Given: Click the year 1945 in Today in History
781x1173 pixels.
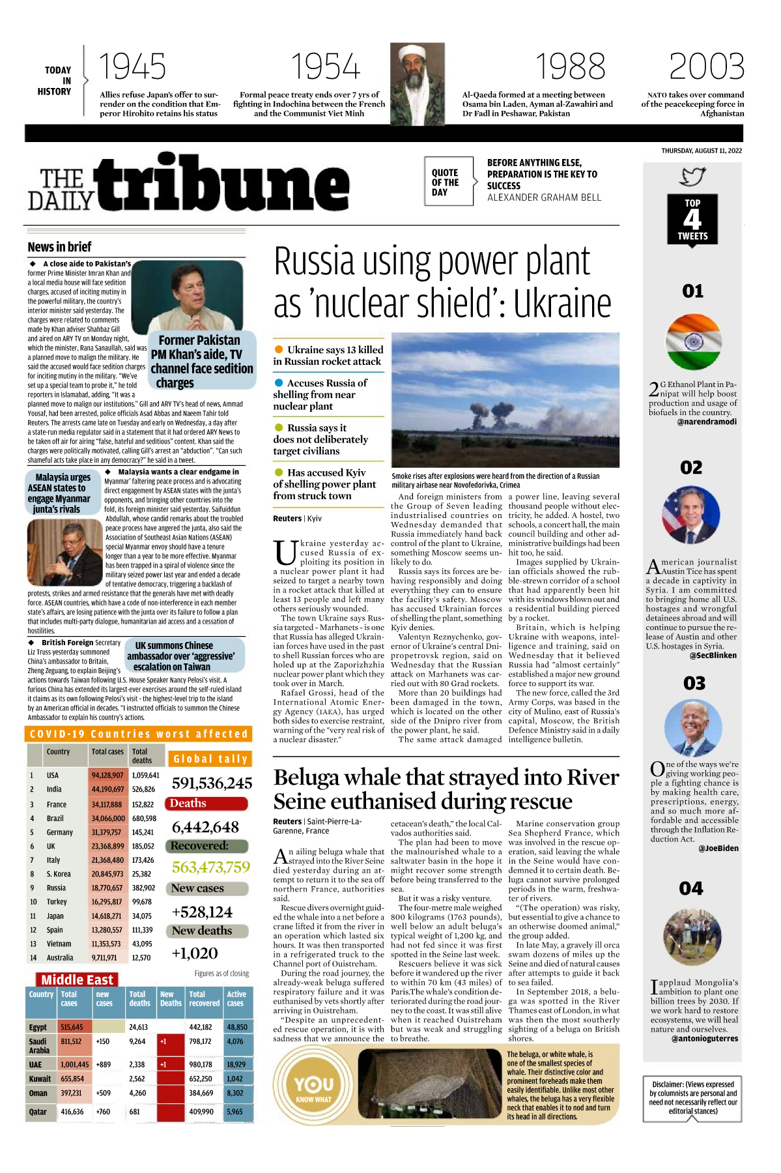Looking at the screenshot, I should pyautogui.click(x=132, y=67).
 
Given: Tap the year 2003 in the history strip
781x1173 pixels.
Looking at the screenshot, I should pyautogui.click(x=707, y=67).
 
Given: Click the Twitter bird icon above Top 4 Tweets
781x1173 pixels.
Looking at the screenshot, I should pyautogui.click(x=692, y=176).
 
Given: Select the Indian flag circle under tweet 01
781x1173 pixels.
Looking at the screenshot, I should pyautogui.click(x=694, y=341).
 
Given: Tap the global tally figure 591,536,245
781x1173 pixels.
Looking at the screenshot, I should pyautogui.click(x=212, y=783).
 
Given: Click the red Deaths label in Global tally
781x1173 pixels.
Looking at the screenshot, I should pyautogui.click(x=206, y=804).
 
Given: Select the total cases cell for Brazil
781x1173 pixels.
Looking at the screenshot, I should pyautogui.click(x=108, y=818).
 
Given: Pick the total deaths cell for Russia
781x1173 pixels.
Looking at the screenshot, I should pyautogui.click(x=143, y=888).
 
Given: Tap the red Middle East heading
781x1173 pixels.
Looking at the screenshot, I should pyautogui.click(x=77, y=979).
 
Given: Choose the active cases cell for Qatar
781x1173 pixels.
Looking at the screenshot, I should pyautogui.click(x=236, y=1112).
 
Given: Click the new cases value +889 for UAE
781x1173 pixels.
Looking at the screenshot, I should pyautogui.click(x=103, y=1064).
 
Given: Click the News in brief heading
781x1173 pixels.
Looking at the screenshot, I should pyautogui.click(x=59, y=247).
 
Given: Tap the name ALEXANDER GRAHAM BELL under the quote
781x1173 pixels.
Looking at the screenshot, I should pyautogui.click(x=544, y=197).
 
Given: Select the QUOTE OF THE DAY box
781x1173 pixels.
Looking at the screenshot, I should pyautogui.click(x=449, y=182).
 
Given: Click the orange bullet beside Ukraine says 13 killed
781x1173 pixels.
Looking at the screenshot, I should pyautogui.click(x=279, y=349).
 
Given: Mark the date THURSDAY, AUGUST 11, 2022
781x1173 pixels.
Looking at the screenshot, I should pyautogui.click(x=702, y=151).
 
